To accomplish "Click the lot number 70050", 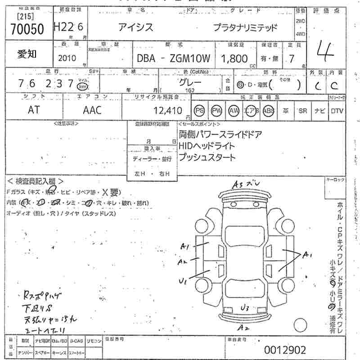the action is tap(27, 30).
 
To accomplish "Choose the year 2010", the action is tap(67, 58).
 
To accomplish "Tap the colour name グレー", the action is tap(190, 83).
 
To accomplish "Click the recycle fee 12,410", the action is tap(166, 110).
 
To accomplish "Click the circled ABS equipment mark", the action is tap(268, 111).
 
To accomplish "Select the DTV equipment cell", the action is tap(337, 111).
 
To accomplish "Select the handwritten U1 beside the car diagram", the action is tap(183, 281).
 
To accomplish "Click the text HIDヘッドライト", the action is tap(207, 146).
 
